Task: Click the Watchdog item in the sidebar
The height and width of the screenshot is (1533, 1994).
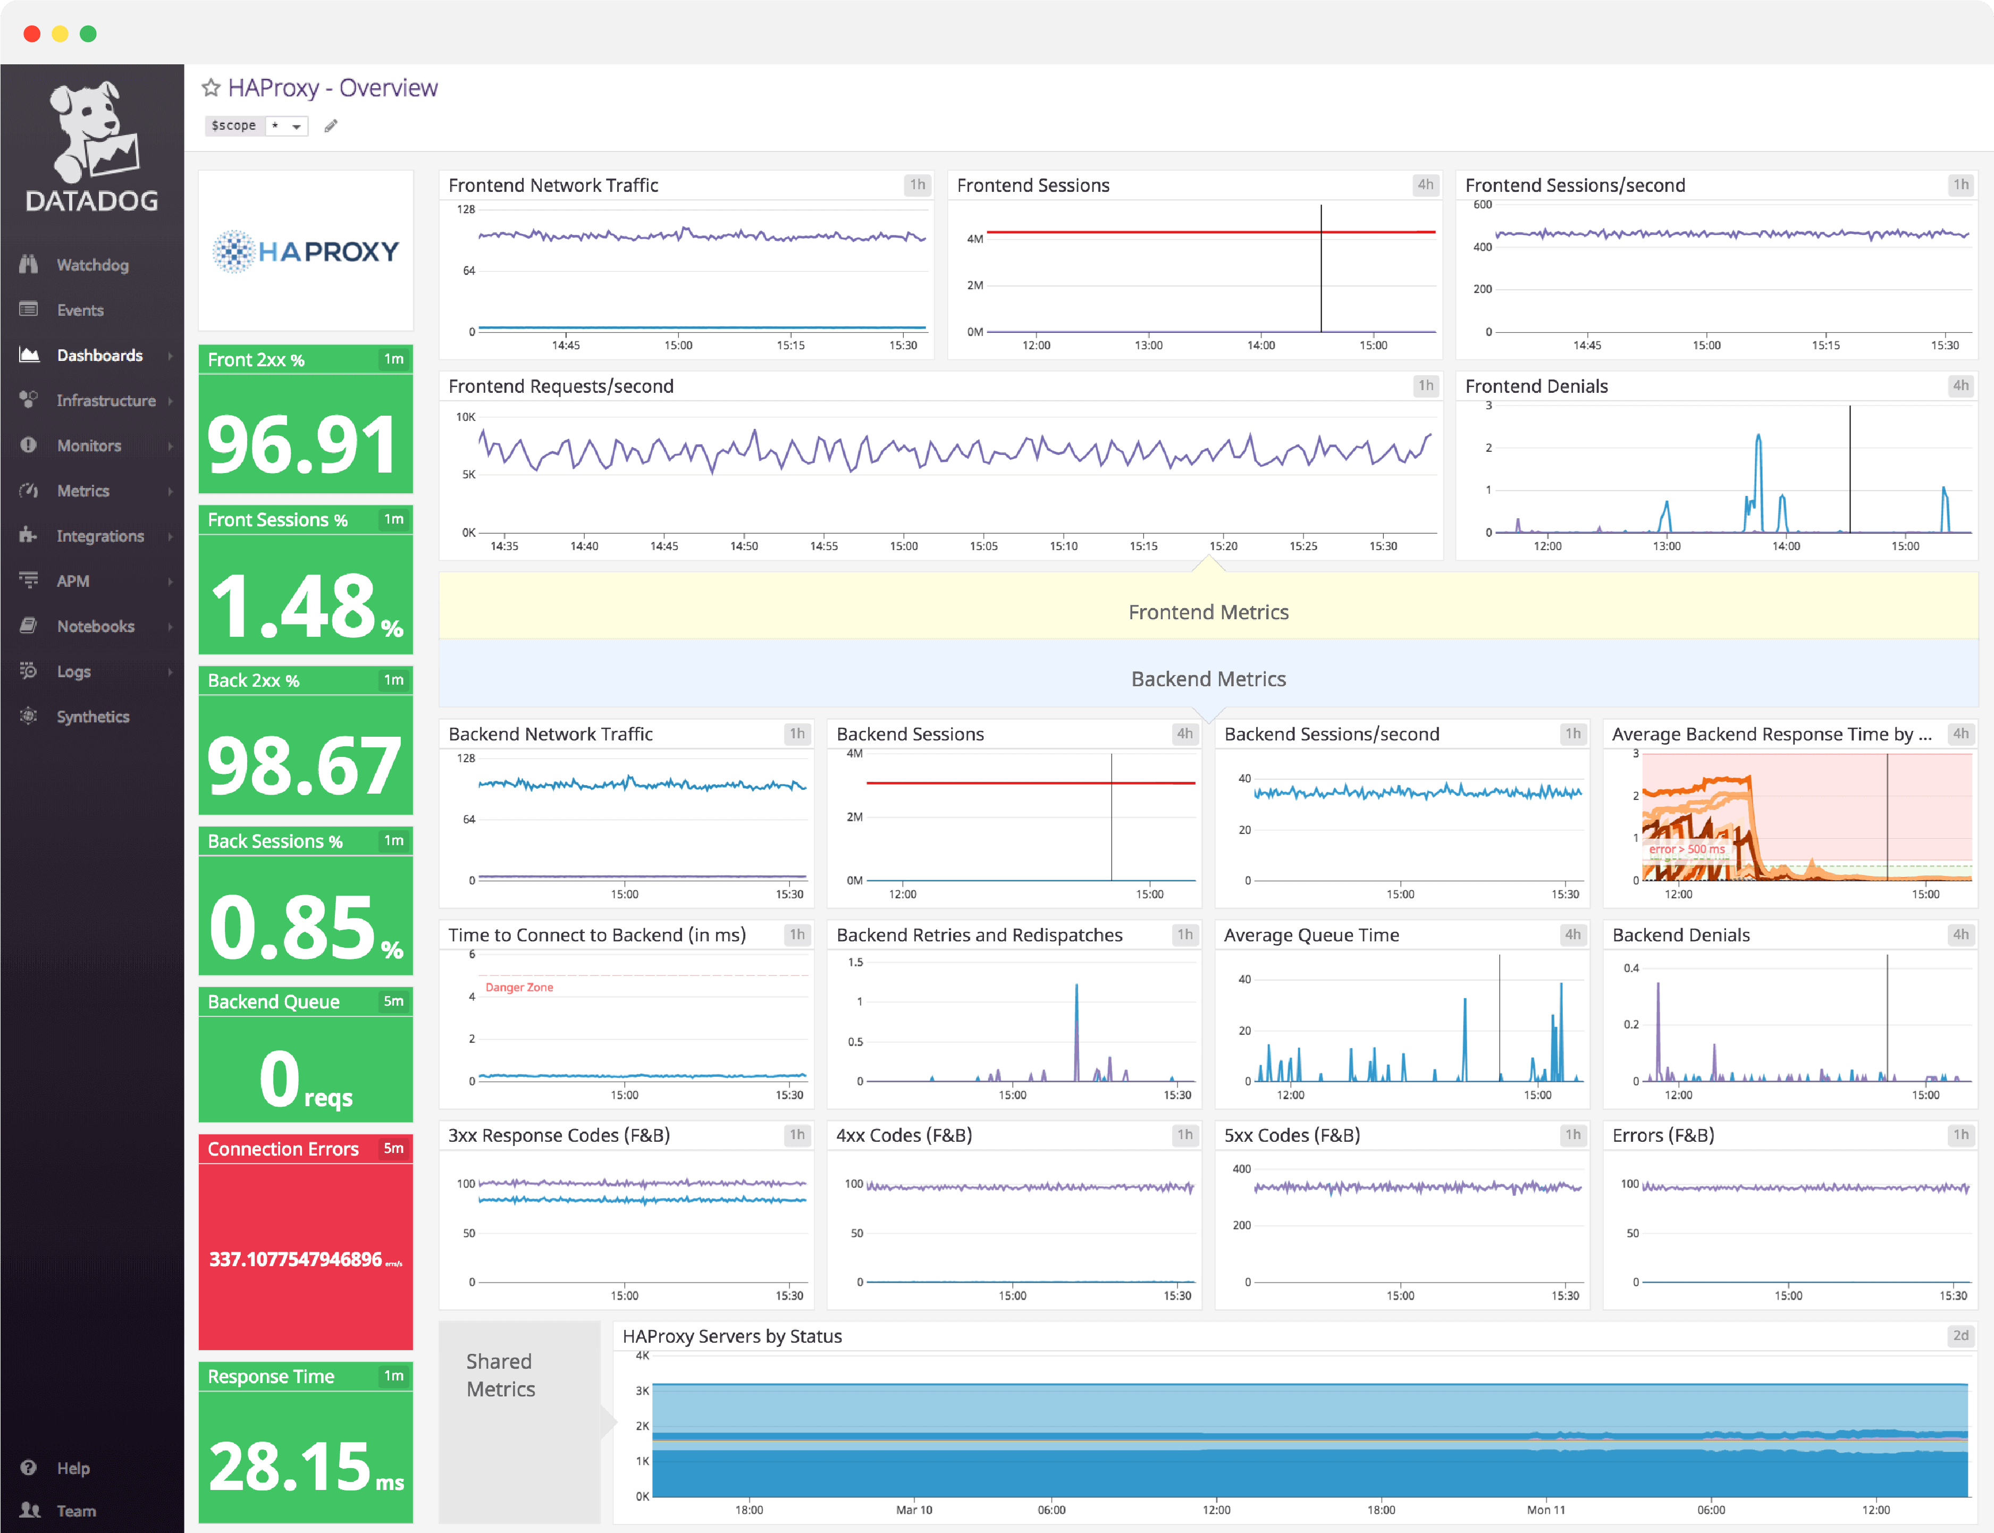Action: click(91, 265)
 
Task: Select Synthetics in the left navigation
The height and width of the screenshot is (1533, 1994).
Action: click(92, 717)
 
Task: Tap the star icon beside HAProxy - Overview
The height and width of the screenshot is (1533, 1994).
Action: click(211, 88)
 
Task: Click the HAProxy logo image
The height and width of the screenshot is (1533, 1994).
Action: click(306, 251)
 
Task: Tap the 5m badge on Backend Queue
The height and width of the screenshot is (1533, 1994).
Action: click(393, 1001)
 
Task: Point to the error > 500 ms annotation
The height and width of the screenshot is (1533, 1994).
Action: click(1686, 848)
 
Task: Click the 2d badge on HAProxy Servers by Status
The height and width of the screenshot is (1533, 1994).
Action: click(1960, 1335)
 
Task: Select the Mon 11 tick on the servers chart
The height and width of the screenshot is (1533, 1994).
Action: click(1546, 1509)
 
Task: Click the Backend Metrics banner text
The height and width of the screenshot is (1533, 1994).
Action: click(1208, 679)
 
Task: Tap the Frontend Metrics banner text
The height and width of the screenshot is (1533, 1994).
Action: click(1208, 612)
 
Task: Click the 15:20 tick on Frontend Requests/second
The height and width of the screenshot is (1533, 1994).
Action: click(1223, 546)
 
